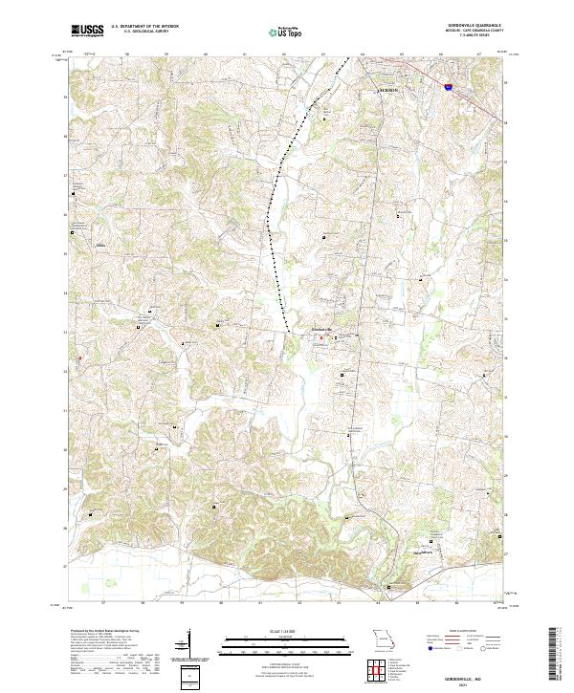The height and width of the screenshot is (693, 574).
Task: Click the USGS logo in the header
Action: [88, 31]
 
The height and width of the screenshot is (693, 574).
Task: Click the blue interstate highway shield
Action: [449, 87]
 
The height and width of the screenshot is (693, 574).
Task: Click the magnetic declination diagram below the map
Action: [187, 644]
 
